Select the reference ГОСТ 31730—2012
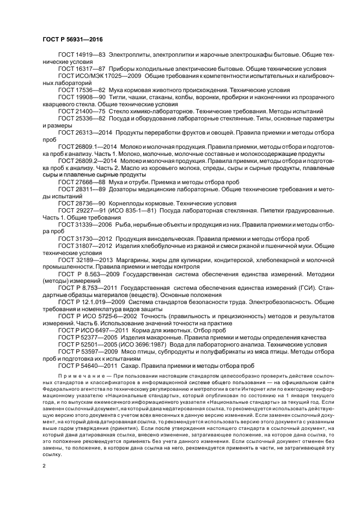point(85,238)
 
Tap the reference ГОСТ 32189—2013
point(85,260)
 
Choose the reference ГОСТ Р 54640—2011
point(88,367)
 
